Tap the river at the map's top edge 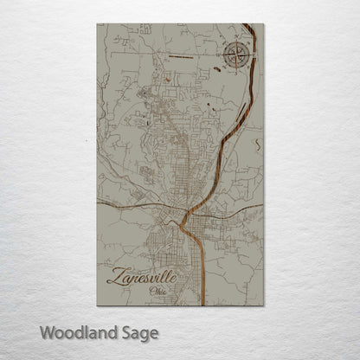pyautogui.click(x=248, y=26)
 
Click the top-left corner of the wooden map pyautogui.click(x=97, y=24)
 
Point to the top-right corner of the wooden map pyautogui.click(x=263, y=24)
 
